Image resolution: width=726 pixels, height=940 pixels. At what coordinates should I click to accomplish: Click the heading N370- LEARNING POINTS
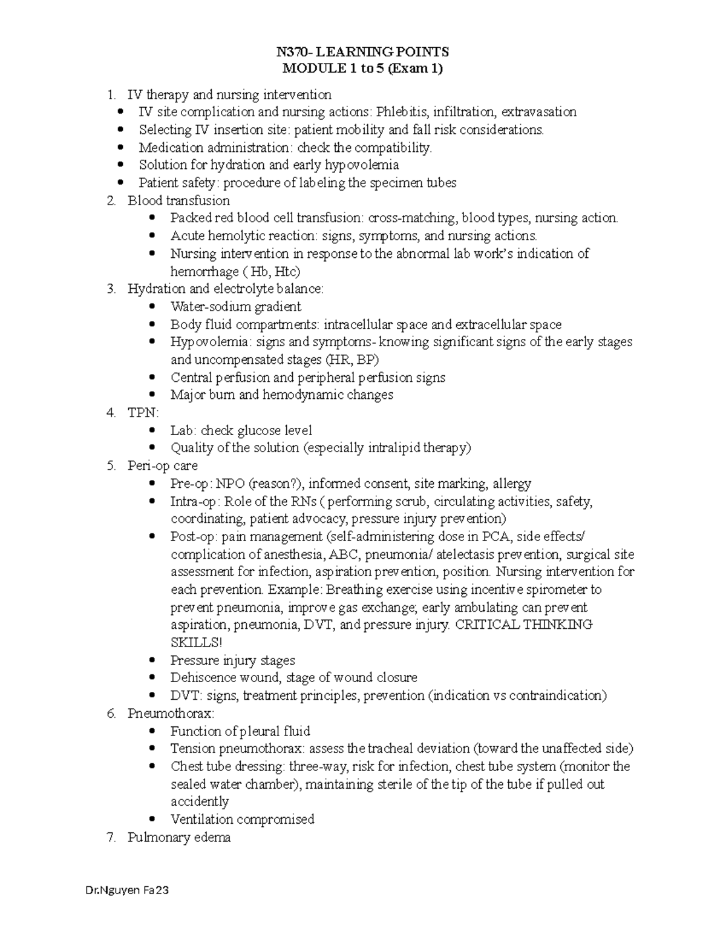(x=363, y=52)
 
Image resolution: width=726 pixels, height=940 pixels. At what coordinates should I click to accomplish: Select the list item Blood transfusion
(x=178, y=200)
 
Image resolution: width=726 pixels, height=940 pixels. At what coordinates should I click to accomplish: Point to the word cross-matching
(x=412, y=218)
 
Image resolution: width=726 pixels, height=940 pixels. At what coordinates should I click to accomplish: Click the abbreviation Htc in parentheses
(x=287, y=271)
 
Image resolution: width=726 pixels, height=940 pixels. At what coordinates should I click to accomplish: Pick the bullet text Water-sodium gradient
(x=235, y=307)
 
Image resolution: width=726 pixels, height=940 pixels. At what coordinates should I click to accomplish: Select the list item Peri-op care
(x=162, y=466)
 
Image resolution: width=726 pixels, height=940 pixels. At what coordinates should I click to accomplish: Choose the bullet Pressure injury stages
(x=232, y=660)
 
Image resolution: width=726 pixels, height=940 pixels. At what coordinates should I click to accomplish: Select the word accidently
(x=200, y=801)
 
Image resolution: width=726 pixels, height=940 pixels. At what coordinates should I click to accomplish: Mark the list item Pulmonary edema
(x=178, y=838)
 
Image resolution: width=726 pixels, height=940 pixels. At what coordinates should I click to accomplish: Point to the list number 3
(x=110, y=289)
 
